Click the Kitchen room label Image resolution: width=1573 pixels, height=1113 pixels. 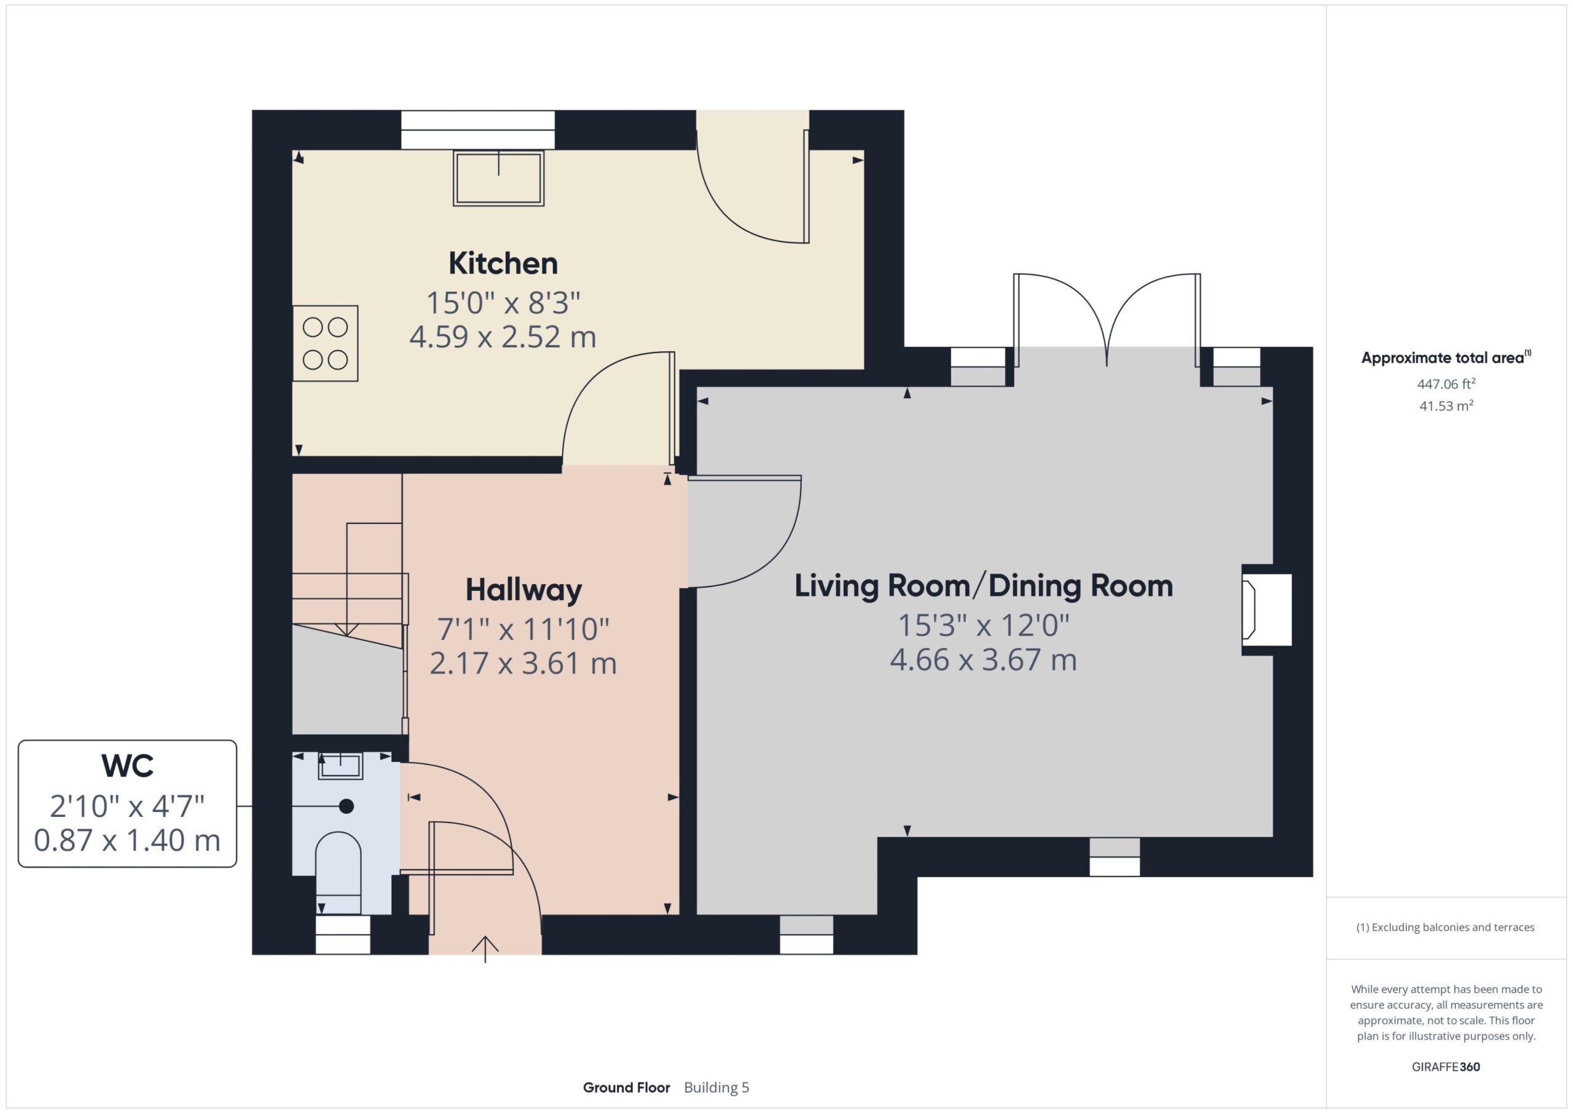click(x=503, y=263)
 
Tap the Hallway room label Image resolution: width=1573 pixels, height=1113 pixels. click(x=524, y=590)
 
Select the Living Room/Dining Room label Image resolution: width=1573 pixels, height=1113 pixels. click(x=984, y=586)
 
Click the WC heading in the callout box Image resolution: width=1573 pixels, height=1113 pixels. click(x=127, y=765)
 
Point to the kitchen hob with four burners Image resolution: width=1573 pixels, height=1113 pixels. click(x=326, y=343)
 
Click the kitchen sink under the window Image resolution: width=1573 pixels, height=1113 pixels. click(x=498, y=178)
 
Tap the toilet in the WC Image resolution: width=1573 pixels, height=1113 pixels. click(x=338, y=872)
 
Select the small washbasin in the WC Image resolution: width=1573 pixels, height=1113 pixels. click(x=340, y=766)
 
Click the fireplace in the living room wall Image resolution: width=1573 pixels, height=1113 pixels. click(x=1266, y=610)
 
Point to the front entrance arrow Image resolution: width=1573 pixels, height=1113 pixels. click(x=485, y=949)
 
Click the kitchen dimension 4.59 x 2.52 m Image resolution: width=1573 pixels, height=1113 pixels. click(x=503, y=337)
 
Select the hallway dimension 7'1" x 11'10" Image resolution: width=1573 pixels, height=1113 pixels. click(x=524, y=629)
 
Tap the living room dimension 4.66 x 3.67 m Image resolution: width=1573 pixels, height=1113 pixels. click(x=984, y=660)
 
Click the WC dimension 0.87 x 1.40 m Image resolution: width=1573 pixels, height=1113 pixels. click(x=127, y=840)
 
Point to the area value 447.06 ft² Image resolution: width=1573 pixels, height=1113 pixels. click(x=1446, y=383)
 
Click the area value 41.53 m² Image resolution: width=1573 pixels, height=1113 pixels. click(x=1446, y=406)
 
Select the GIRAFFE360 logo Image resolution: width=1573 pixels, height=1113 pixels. click(x=1446, y=1067)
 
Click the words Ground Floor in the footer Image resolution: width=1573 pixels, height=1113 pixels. click(x=627, y=1088)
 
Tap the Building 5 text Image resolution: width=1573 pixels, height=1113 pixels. click(x=717, y=1088)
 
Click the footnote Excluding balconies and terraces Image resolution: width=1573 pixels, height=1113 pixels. click(x=1446, y=927)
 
